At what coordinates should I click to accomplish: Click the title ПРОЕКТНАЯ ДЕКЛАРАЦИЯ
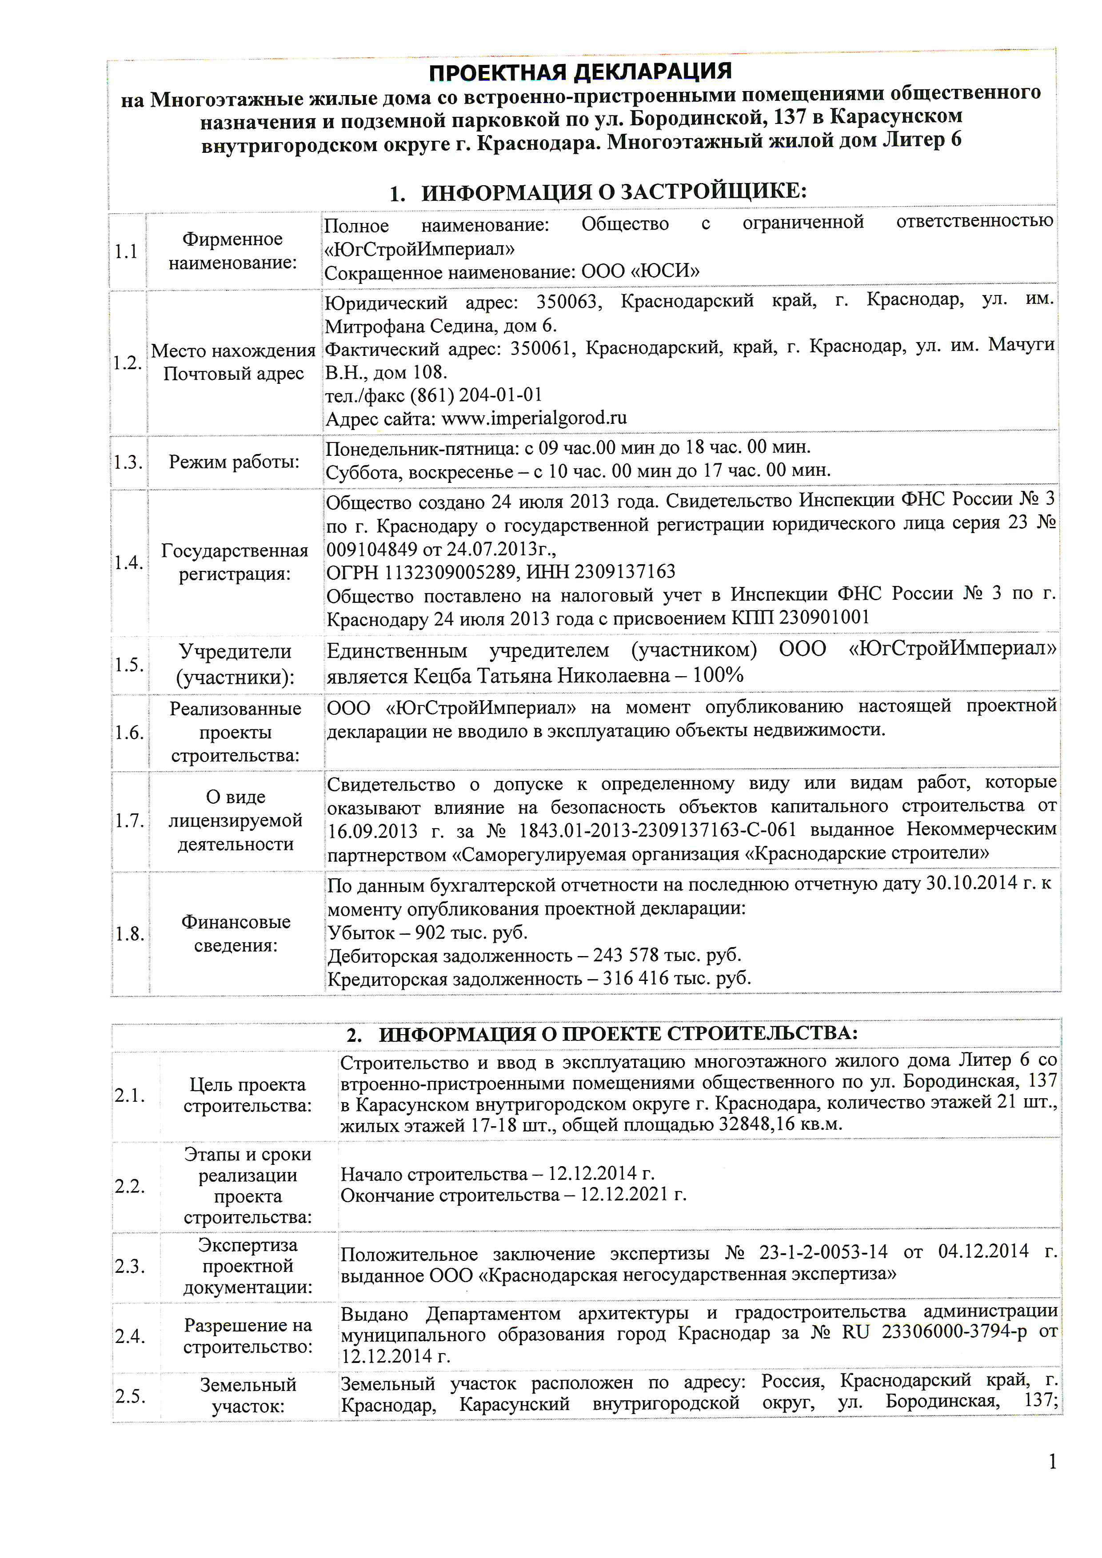[580, 71]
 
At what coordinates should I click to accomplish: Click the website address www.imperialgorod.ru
[534, 418]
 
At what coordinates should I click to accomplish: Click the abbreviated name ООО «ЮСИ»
[640, 271]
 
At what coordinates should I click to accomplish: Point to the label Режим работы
[234, 462]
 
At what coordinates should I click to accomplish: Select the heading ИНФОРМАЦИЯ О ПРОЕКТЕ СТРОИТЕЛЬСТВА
[618, 1034]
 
